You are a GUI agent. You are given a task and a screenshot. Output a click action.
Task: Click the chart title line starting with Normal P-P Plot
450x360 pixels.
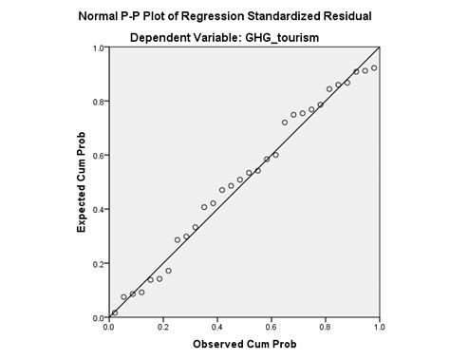(244, 16)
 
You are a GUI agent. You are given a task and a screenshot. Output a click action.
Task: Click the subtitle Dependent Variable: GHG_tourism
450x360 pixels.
(244, 39)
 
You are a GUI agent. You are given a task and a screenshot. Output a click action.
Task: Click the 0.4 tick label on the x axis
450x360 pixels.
(216, 326)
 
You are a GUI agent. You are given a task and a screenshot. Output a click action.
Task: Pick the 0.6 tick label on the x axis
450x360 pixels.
(271, 326)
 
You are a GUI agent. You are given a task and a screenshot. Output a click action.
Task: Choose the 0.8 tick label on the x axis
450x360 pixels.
(325, 326)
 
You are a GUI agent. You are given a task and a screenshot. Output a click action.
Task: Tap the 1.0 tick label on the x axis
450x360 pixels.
(379, 326)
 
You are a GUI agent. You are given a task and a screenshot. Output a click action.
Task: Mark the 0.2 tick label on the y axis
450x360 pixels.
(98, 263)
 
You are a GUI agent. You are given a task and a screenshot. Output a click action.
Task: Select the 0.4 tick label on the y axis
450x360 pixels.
(98, 209)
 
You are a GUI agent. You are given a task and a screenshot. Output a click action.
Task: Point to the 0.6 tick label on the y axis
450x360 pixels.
(98, 155)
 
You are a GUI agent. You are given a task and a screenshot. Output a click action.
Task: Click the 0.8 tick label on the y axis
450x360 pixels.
(98, 101)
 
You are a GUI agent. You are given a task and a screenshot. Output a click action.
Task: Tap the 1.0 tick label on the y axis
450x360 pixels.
(98, 47)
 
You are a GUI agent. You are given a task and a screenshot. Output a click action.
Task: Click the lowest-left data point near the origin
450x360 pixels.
(115, 312)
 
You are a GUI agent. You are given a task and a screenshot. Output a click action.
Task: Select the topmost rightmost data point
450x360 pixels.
(374, 67)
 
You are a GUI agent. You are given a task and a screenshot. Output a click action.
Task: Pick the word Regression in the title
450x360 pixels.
(238, 16)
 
